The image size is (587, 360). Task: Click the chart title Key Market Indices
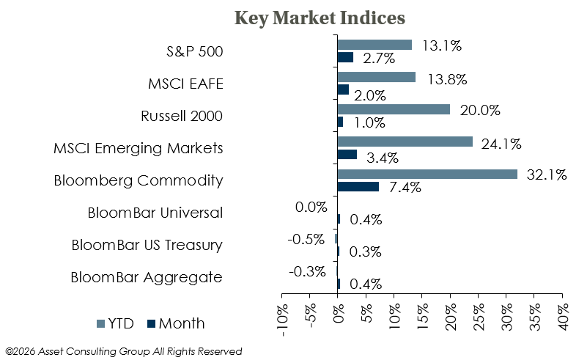(x=320, y=18)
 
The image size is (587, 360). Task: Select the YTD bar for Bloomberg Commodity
(x=427, y=175)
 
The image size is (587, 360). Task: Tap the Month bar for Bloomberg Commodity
(x=358, y=186)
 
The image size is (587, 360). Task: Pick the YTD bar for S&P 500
(x=374, y=45)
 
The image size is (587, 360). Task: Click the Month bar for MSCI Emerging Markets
(x=347, y=155)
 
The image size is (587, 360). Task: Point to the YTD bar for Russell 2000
(x=394, y=109)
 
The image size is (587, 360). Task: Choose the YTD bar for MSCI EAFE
(x=377, y=77)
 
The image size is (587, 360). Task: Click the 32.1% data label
(x=547, y=175)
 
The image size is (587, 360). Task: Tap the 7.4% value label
(x=405, y=187)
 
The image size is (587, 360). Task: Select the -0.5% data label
(x=306, y=239)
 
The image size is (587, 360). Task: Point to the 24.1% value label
(x=501, y=144)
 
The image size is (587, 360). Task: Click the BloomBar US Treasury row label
(x=147, y=246)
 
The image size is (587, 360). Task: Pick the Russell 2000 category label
(x=182, y=116)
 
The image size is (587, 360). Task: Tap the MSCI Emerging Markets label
(x=139, y=148)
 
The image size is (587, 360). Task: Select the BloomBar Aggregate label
(x=147, y=278)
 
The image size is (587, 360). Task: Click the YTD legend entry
(x=115, y=323)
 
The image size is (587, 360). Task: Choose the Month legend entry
(x=176, y=323)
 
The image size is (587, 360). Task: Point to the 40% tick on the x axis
(x=562, y=317)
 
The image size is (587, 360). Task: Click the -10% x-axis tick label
(x=282, y=320)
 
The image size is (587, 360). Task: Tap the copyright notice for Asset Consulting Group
(x=124, y=351)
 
